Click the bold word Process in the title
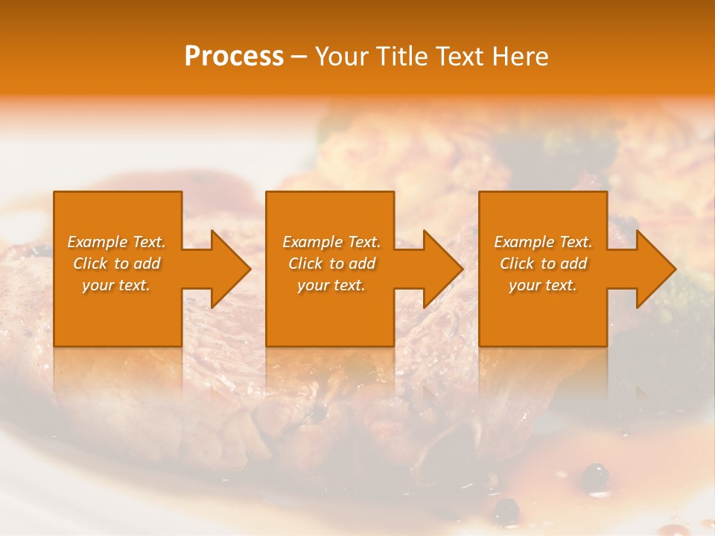click(x=234, y=57)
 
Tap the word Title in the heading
click(x=401, y=57)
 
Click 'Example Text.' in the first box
click(x=116, y=242)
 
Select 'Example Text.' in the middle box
click(x=331, y=242)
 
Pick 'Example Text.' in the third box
click(x=543, y=242)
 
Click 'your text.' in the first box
click(x=116, y=285)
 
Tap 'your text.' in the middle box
click(x=331, y=285)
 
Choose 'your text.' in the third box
click(x=543, y=285)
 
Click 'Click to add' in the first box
click(x=116, y=264)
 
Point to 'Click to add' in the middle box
click(x=331, y=264)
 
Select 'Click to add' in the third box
click(x=543, y=264)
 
